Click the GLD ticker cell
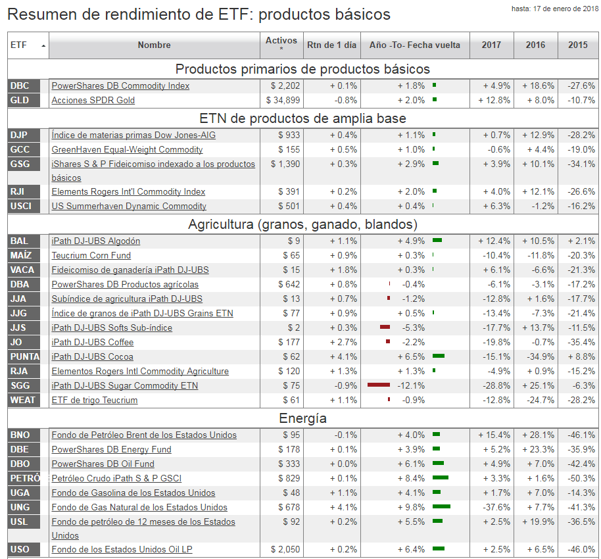[20, 100]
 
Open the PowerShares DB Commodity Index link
[120, 85]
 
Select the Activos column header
[281, 44]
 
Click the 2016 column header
[535, 45]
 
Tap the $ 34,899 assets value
[283, 100]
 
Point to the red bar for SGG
[379, 385]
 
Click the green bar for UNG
[441, 507]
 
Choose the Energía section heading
[302, 418]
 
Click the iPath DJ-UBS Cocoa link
[92, 356]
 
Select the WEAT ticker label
[23, 400]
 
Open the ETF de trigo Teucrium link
[95, 400]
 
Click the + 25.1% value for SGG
[538, 385]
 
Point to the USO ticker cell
[20, 549]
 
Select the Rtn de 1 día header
[331, 45]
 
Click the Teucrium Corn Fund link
[91, 255]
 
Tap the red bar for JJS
[385, 328]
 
